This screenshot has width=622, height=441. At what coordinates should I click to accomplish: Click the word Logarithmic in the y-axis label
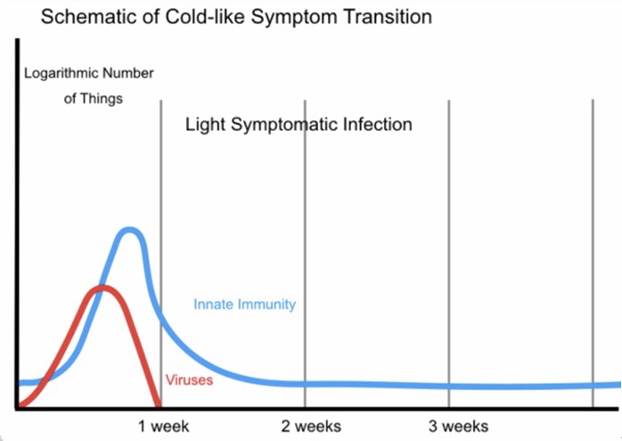(x=61, y=73)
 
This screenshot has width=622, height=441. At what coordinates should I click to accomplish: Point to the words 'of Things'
(x=94, y=99)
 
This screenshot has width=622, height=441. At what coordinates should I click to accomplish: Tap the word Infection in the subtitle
(x=378, y=124)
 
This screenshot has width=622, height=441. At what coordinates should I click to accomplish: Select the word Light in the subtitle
(x=205, y=124)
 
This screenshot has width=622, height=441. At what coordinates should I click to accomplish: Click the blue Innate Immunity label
(x=244, y=305)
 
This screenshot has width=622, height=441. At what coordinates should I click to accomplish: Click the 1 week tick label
(x=163, y=426)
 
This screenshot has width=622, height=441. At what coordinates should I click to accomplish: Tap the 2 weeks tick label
(x=311, y=426)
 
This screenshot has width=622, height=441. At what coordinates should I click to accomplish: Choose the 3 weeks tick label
(x=458, y=426)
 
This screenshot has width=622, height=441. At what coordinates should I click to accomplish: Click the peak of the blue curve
(x=131, y=231)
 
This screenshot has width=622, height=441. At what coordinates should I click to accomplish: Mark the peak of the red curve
(x=102, y=288)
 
